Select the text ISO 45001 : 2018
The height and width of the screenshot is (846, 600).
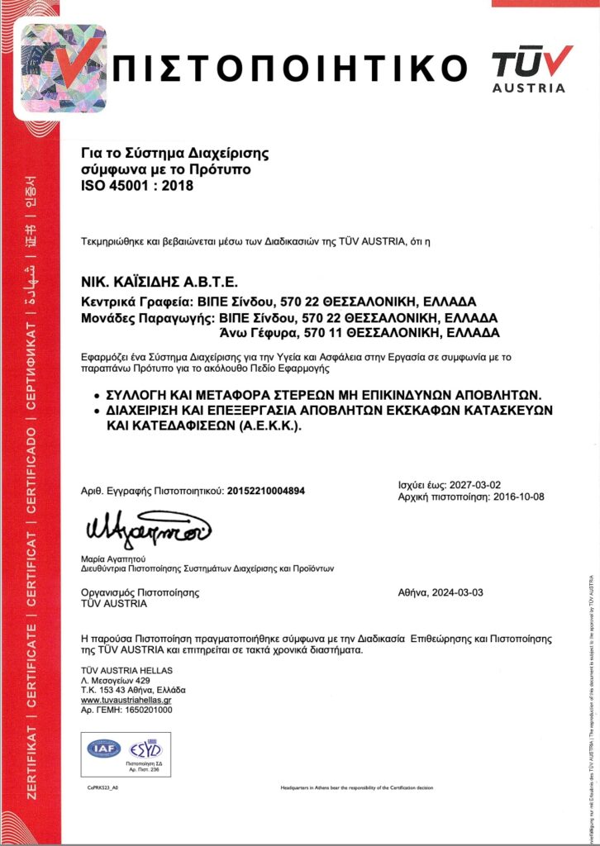click(x=136, y=186)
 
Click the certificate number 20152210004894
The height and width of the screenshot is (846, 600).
click(x=265, y=491)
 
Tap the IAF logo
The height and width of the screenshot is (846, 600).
click(x=102, y=748)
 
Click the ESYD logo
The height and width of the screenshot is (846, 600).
click(x=145, y=748)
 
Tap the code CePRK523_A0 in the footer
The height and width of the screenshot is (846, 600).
click(x=104, y=788)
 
